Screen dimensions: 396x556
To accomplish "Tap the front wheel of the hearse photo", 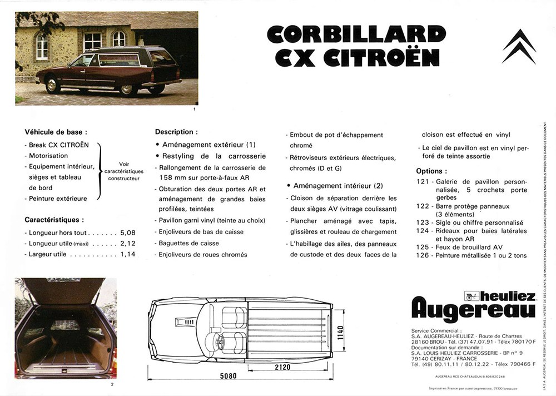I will pyautogui.click(x=53, y=85).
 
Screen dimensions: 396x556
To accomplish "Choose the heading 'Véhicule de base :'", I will pyautogui.click(x=56, y=132).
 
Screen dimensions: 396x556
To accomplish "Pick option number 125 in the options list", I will pyautogui.click(x=423, y=246).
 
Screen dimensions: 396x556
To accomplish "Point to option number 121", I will pyautogui.click(x=423, y=182).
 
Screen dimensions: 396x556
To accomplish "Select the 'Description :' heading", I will pyautogui.click(x=176, y=132).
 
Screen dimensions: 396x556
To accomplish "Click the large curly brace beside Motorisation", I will pyautogui.click(x=100, y=171).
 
